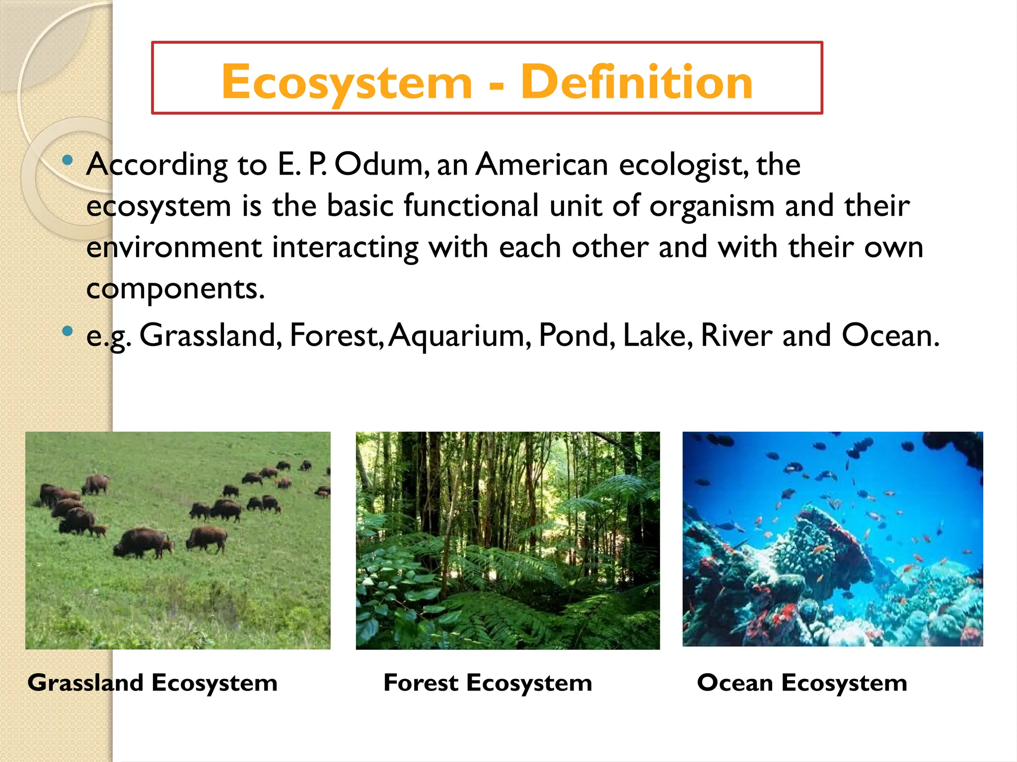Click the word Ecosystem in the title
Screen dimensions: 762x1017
tap(347, 82)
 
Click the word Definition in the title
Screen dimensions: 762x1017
tap(637, 82)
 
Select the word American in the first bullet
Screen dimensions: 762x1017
tap(541, 165)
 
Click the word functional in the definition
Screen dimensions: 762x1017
tap(471, 205)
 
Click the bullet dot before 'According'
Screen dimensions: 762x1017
tap(68, 160)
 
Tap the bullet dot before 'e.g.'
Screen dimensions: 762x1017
tap(68, 331)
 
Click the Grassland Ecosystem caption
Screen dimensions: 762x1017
tap(152, 683)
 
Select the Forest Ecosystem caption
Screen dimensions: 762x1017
tap(488, 683)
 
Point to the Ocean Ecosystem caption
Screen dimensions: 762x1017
tap(801, 683)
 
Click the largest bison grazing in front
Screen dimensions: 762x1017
tap(143, 542)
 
